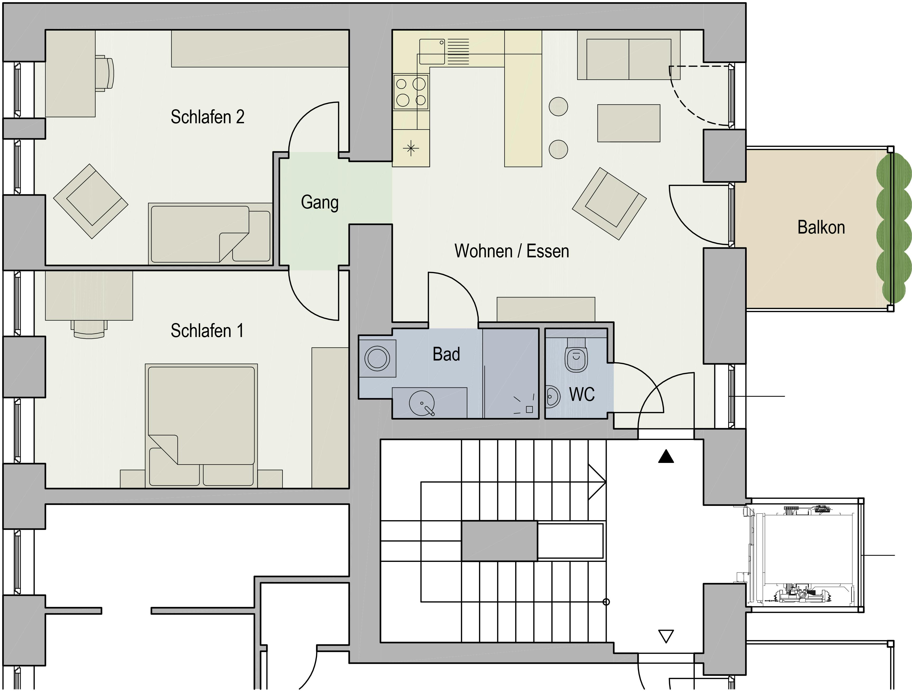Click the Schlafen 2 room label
(207, 117)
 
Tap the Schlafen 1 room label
(207, 330)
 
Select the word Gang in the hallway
(319, 202)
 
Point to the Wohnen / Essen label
(512, 251)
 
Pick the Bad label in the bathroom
(446, 354)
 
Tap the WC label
(582, 394)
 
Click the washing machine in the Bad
(377, 358)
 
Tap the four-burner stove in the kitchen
(411, 92)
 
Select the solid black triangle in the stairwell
(666, 457)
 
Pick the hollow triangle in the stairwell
(666, 636)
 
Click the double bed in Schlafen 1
(201, 426)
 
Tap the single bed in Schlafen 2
(210, 234)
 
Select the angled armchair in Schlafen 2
(91, 201)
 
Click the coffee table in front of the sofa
(629, 123)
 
